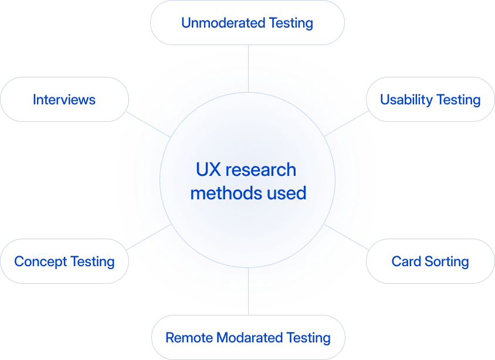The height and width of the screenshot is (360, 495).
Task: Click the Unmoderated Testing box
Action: point(248,23)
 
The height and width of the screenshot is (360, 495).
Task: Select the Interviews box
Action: point(66,99)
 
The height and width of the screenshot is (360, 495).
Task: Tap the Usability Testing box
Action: point(430,99)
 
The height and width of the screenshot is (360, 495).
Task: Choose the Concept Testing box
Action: point(65,260)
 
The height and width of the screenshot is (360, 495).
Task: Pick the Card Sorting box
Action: point(430,261)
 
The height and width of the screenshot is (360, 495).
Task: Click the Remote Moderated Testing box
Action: point(248,338)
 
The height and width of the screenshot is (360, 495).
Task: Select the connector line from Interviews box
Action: point(149,123)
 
